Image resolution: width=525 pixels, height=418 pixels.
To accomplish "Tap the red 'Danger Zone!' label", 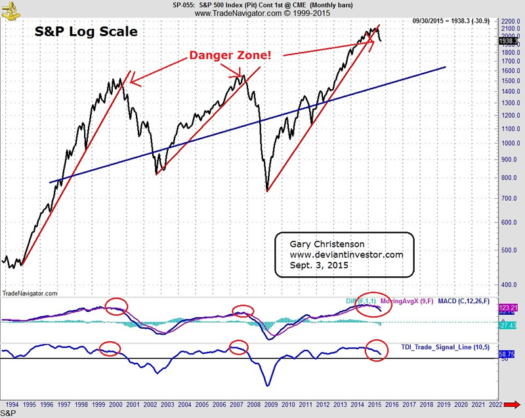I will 229,55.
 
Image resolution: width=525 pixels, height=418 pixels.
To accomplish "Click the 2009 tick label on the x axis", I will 268,406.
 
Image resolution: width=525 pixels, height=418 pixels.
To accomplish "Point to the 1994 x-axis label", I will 11,406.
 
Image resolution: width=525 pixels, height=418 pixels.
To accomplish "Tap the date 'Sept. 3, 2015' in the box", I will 318,266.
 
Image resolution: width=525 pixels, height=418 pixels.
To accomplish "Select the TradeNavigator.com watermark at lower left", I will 30,293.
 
